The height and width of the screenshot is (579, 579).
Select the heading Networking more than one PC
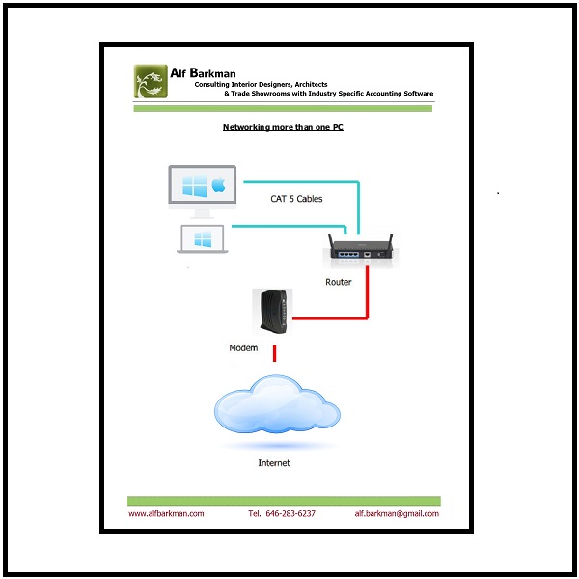coord(283,127)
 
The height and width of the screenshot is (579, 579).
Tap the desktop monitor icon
coord(202,190)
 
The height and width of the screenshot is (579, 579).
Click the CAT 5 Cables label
coord(296,199)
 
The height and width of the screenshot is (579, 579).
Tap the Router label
coord(339,283)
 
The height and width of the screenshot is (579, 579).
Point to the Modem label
coord(243,347)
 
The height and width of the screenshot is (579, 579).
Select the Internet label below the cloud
coord(273,463)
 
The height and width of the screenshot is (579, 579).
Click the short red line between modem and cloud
coord(276,353)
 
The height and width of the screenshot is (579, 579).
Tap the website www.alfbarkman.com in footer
coord(167,513)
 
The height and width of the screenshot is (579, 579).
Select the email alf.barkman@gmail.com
coord(397,513)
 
